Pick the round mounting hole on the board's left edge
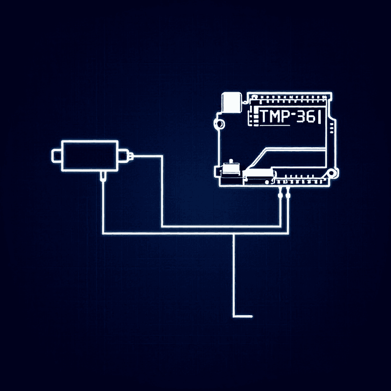tap(220, 123)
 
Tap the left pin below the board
tap(281, 192)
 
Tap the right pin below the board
tap(288, 192)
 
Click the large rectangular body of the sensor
tap(90, 155)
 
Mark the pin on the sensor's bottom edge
tap(103, 176)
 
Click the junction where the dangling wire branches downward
tap(234, 233)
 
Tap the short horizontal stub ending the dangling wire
tap(243, 316)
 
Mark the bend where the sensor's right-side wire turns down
tap(162, 156)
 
